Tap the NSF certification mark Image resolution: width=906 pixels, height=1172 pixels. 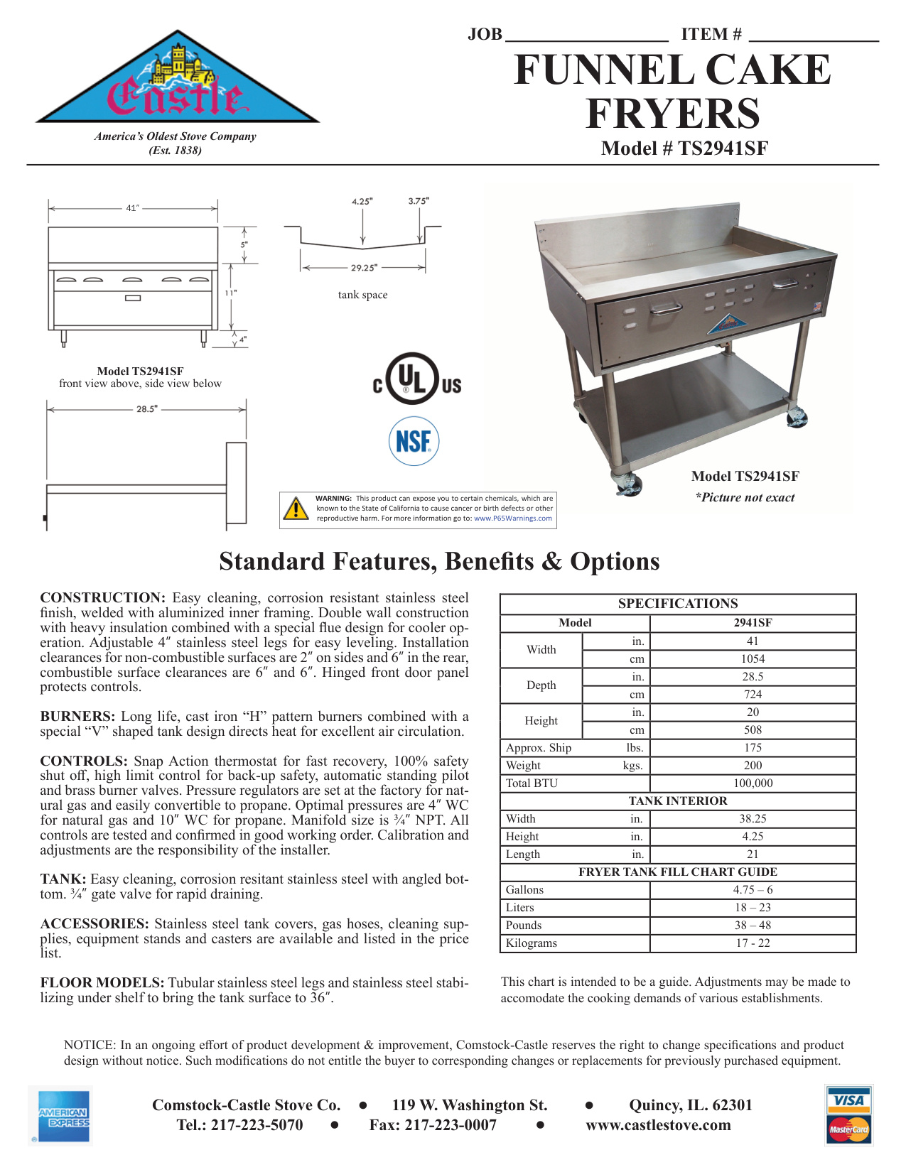pyautogui.click(x=414, y=441)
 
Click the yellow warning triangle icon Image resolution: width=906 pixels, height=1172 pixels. pyautogui.click(x=296, y=509)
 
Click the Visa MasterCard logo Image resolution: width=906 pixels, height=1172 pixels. pyautogui.click(x=849, y=1115)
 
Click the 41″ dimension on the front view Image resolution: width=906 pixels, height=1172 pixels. pyautogui.click(x=132, y=208)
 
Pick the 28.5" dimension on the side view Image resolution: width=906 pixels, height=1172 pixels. pyautogui.click(x=147, y=409)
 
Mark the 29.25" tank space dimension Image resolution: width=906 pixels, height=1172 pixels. pyautogui.click(x=364, y=268)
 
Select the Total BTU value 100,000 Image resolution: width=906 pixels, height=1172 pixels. pyautogui.click(x=753, y=783)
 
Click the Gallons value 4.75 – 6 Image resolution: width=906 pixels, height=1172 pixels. pyautogui.click(x=753, y=890)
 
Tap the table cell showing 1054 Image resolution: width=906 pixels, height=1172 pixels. pyautogui.click(x=753, y=659)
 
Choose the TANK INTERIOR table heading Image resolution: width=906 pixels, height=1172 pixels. pyautogui.click(x=678, y=801)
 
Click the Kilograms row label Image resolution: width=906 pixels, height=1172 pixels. pyautogui.click(x=532, y=943)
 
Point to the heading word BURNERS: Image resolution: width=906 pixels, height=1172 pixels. pyautogui.click(x=77, y=717)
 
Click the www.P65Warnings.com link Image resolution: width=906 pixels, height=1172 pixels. pyautogui.click(x=513, y=519)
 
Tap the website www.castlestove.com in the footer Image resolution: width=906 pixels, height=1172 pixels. pyautogui.click(x=658, y=1125)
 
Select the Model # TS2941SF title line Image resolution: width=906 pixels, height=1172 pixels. pyautogui.click(x=684, y=148)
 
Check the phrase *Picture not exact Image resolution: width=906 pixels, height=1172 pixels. pyautogui.click(x=745, y=498)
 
